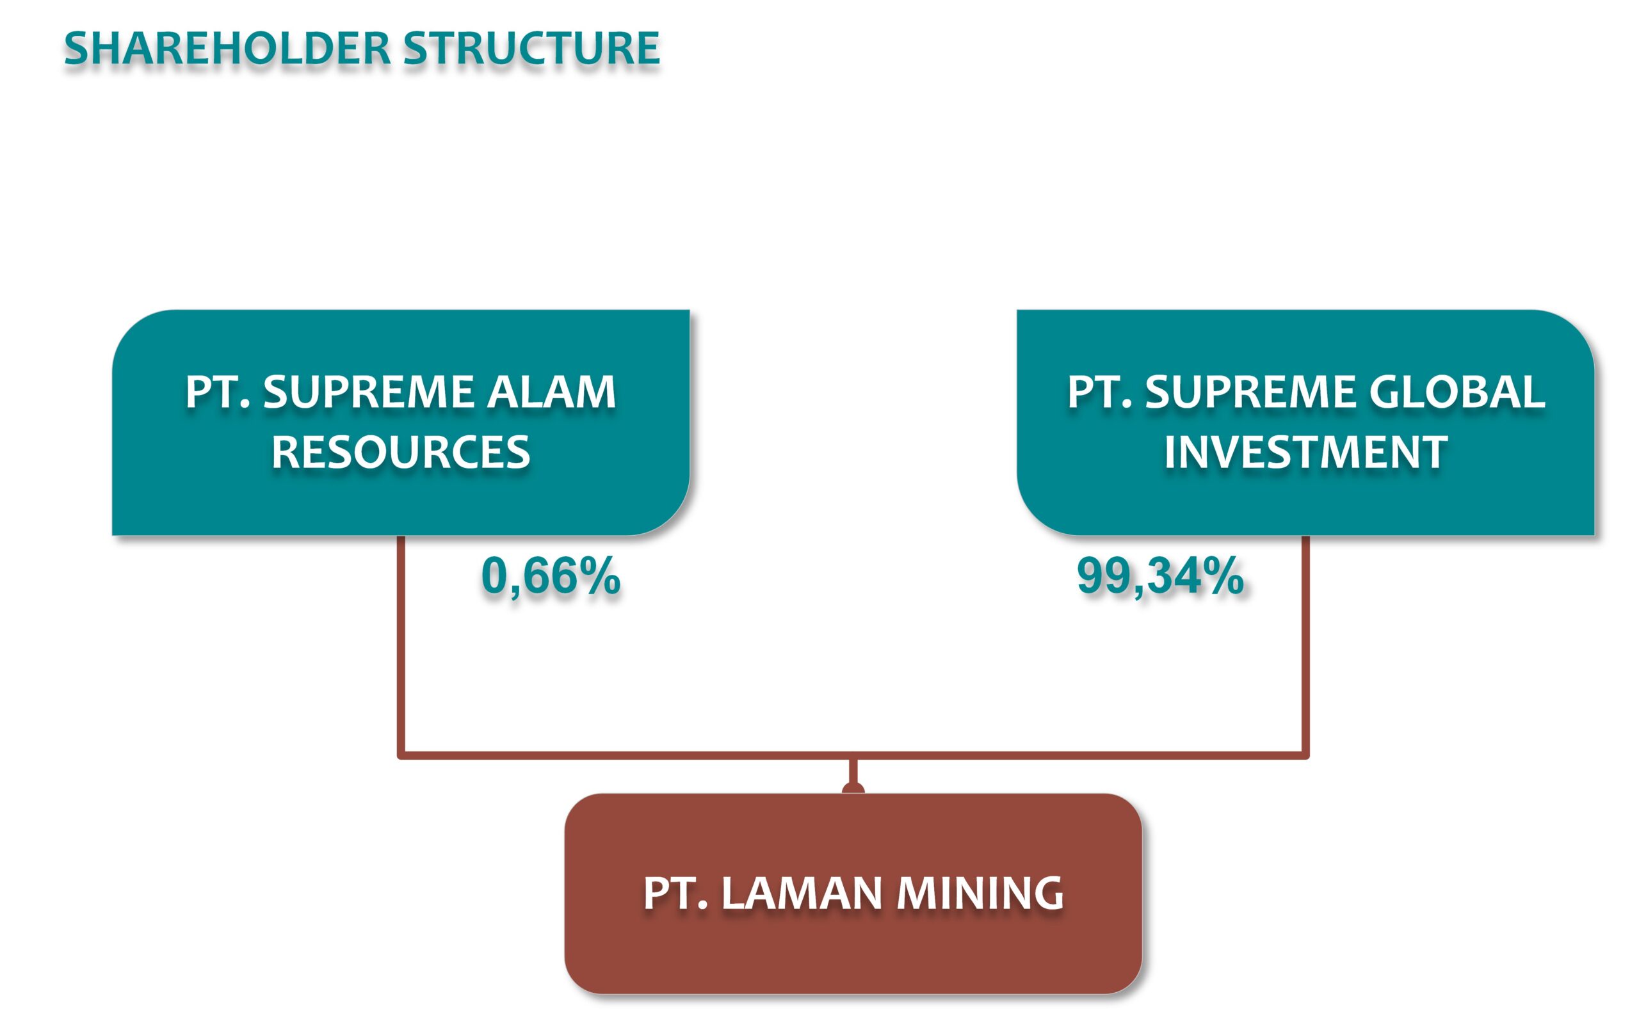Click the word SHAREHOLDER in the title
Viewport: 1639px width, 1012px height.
227,49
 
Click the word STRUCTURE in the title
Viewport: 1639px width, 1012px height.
531,49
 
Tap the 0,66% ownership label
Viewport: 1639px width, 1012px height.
550,575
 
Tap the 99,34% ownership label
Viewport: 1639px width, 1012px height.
1160,575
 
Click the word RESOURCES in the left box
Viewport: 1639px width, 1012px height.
400,453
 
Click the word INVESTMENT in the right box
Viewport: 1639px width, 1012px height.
1305,453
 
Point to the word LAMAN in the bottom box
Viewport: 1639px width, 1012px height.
801,893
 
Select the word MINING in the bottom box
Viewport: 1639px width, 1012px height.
979,893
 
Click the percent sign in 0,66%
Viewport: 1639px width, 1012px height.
600,575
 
